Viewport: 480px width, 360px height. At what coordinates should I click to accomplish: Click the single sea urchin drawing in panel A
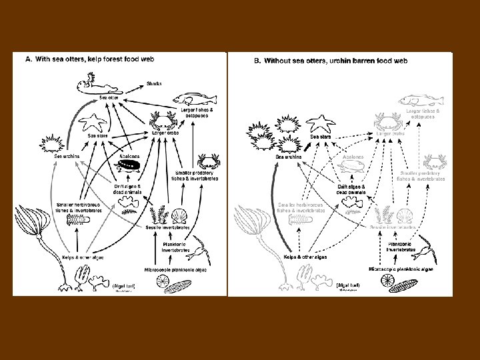pos(52,143)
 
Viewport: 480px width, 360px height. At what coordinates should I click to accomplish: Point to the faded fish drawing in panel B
pos(421,101)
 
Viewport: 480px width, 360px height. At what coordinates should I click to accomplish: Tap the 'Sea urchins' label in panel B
pos(289,157)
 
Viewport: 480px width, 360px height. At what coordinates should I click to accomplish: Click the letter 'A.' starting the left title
pos(29,59)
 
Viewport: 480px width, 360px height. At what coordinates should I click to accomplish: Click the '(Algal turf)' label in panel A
pos(125,285)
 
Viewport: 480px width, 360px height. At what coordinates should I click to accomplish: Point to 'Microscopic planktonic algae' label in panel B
pos(401,269)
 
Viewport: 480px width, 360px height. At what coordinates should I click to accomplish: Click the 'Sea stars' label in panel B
pos(321,137)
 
